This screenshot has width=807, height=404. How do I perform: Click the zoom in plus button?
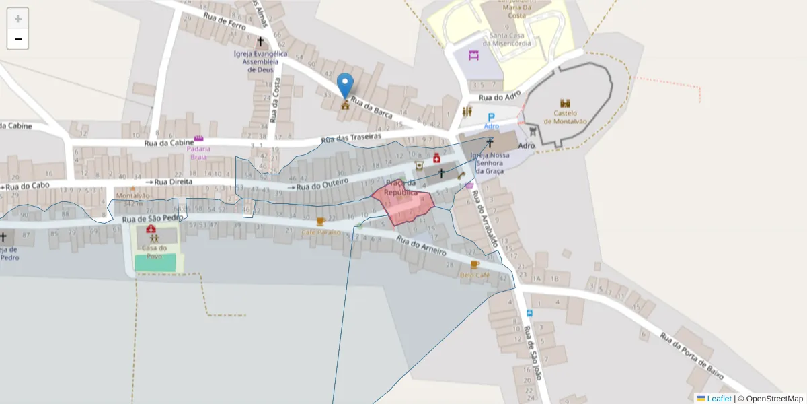(x=18, y=19)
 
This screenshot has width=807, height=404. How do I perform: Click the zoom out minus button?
(x=18, y=39)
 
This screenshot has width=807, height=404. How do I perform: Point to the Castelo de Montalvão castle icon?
(x=565, y=104)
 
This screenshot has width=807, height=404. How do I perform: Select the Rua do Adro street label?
(x=500, y=98)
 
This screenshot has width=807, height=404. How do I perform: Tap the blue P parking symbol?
(x=491, y=118)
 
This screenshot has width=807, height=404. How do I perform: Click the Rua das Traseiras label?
(x=351, y=137)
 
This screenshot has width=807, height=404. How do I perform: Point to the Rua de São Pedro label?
(x=153, y=219)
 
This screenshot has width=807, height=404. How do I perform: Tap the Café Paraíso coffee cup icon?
(x=321, y=221)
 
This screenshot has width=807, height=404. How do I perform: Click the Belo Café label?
(x=474, y=275)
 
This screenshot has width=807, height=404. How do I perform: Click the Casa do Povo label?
(x=155, y=251)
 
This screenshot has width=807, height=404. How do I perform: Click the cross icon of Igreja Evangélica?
(x=260, y=42)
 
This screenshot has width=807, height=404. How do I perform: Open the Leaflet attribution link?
(x=719, y=399)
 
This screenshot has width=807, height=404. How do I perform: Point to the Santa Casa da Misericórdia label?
(x=510, y=40)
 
